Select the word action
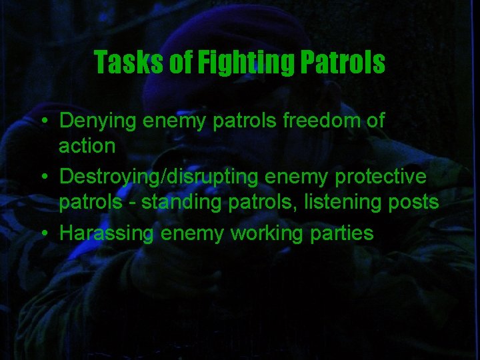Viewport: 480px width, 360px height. (x=87, y=145)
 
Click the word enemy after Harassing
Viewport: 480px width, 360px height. (x=192, y=233)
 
